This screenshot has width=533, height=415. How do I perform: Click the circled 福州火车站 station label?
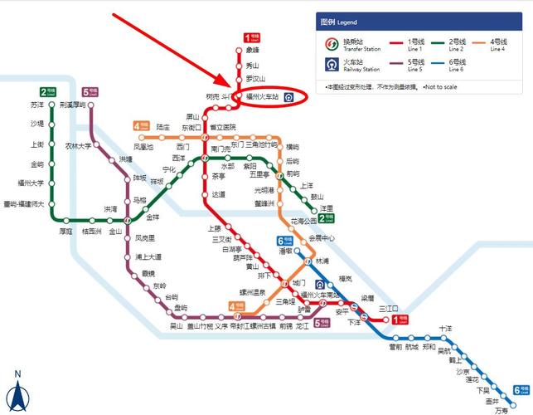(x=264, y=97)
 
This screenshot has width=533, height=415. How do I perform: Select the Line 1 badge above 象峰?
(x=251, y=37)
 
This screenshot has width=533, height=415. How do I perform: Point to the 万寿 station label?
(x=502, y=410)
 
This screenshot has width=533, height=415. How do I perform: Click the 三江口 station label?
(x=388, y=309)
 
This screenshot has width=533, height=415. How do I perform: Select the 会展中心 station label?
(x=322, y=237)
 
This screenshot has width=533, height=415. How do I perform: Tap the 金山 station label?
(x=115, y=232)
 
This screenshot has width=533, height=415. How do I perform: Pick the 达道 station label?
(x=218, y=194)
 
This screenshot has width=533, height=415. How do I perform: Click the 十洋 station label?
(x=447, y=329)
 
